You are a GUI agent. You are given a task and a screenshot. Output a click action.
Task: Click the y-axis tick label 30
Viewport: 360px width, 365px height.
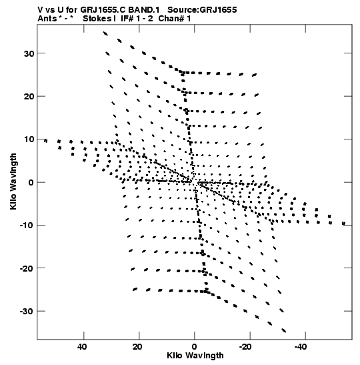click(29, 53)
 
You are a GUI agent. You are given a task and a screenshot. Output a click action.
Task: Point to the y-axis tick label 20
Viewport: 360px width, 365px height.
click(29, 96)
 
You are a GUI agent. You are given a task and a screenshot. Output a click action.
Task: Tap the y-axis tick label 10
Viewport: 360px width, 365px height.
click(29, 139)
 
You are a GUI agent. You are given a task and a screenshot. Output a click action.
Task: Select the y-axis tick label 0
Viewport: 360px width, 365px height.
click(31, 183)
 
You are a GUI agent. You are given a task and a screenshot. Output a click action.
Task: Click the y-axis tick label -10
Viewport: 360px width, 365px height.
click(27, 226)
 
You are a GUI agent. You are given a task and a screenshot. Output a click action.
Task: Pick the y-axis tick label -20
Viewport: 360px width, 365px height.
click(27, 268)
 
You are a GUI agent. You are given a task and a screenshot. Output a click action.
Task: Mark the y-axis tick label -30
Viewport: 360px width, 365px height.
click(27, 312)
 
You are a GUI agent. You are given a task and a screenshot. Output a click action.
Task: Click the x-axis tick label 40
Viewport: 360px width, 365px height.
click(82, 347)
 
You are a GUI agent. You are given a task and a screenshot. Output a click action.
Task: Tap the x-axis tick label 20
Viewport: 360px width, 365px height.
click(137, 347)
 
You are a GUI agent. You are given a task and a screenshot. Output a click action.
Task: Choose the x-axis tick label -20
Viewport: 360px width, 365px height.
click(245, 347)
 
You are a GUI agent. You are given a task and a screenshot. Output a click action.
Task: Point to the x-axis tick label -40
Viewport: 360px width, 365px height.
click(301, 347)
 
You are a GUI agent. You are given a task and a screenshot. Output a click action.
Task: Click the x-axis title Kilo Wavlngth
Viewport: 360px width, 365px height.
click(195, 356)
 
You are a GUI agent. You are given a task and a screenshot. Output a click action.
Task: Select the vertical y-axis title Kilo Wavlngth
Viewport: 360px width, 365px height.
click(13, 181)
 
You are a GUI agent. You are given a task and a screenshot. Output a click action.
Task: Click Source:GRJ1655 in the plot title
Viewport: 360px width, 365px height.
click(202, 10)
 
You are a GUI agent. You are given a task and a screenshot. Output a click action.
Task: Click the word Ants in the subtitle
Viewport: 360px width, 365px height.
click(47, 19)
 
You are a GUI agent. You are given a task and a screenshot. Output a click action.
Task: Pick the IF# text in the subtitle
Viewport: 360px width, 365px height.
click(127, 19)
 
